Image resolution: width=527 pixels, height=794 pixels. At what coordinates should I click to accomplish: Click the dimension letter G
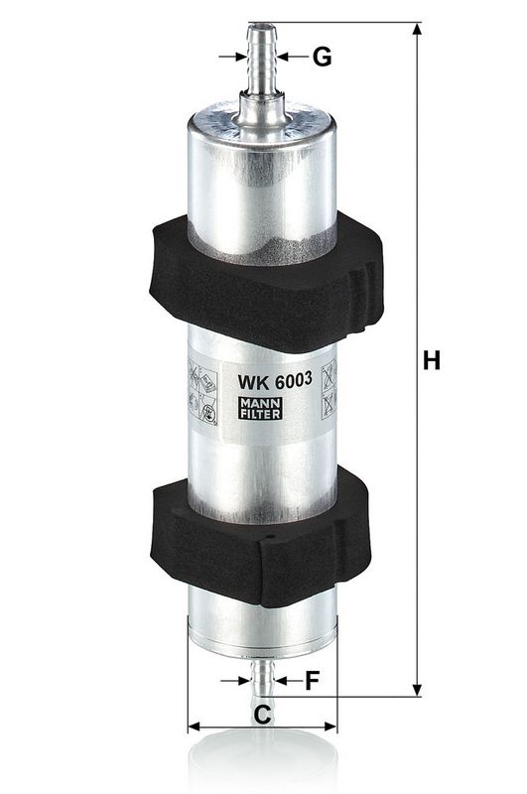pyautogui.click(x=321, y=58)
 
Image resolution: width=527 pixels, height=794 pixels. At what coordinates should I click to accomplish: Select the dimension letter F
pyautogui.click(x=312, y=681)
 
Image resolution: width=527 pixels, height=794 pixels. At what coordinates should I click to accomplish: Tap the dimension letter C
pyautogui.click(x=263, y=714)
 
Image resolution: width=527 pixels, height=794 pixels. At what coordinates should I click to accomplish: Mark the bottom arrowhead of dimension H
pyautogui.click(x=416, y=688)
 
